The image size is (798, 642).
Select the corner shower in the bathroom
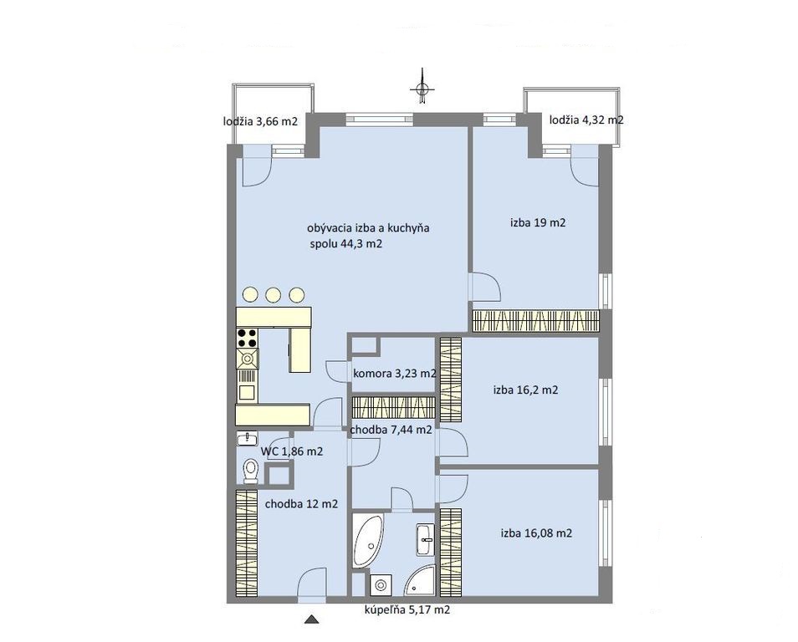pyautogui.click(x=422, y=580)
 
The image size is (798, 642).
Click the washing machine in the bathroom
pyautogui.click(x=380, y=585)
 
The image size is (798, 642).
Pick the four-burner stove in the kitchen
pyautogui.click(x=248, y=338)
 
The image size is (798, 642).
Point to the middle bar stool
pyautogui.click(x=274, y=294)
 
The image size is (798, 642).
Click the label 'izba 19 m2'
pyautogui.click(x=538, y=222)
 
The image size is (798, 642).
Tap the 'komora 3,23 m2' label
pyautogui.click(x=395, y=374)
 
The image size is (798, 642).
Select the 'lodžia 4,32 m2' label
pyautogui.click(x=586, y=120)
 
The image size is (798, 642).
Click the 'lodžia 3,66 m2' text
pyautogui.click(x=260, y=121)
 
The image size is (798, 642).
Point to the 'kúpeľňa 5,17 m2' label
pyautogui.click(x=407, y=609)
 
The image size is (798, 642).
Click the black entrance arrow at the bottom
pyautogui.click(x=311, y=619)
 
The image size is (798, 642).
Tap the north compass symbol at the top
pyautogui.click(x=422, y=89)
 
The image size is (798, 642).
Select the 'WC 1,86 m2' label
pyautogui.click(x=292, y=451)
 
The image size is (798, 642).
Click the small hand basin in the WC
pyautogui.click(x=248, y=439)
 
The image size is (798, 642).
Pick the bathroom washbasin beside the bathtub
pyautogui.click(x=426, y=538)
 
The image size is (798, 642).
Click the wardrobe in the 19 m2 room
pyautogui.click(x=536, y=321)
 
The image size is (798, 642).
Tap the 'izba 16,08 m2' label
pyautogui.click(x=536, y=533)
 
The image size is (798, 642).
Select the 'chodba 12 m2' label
pyautogui.click(x=301, y=504)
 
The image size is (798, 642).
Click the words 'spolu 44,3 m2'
pyautogui.click(x=346, y=243)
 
